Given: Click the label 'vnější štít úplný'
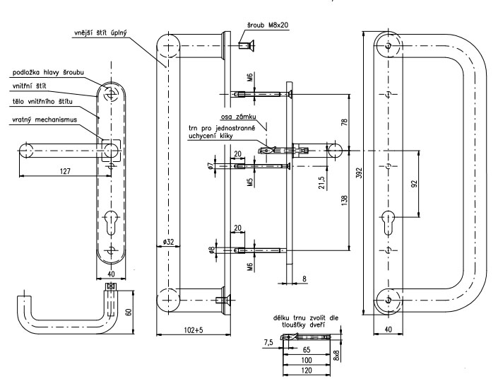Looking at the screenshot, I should tap(105, 33).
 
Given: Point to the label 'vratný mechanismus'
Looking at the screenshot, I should tap(42, 121).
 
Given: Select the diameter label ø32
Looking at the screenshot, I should tap(168, 243).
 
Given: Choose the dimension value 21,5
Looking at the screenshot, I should tap(321, 182).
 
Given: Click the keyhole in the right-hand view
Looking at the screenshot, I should tap(388, 218).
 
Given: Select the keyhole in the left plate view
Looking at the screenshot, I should tap(110, 220).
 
